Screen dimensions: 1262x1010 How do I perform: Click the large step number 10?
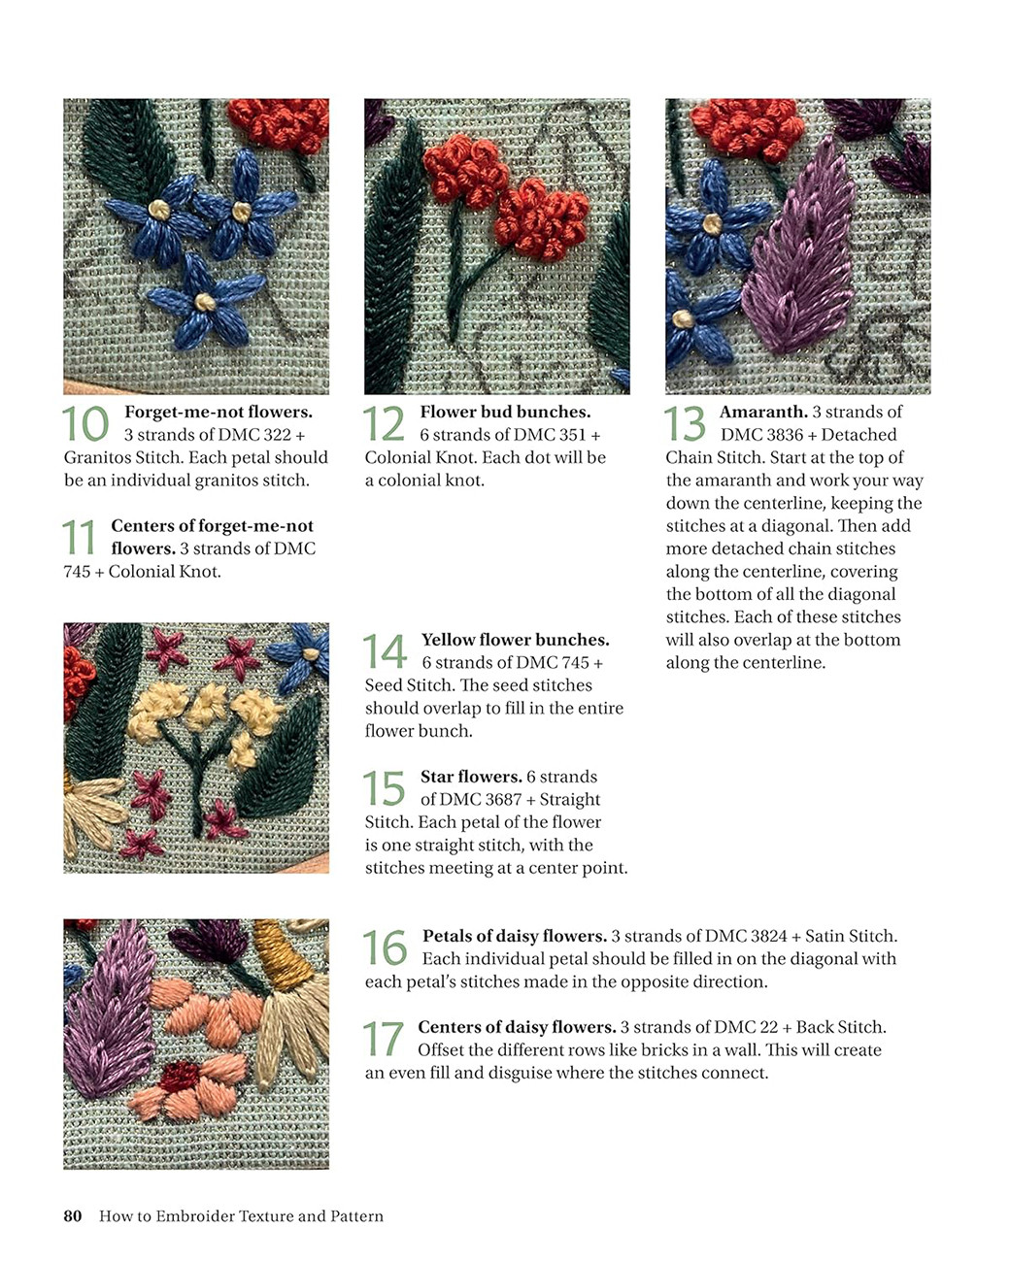click(85, 424)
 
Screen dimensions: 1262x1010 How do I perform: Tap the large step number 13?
click(685, 424)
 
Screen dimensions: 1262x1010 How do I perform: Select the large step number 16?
click(385, 948)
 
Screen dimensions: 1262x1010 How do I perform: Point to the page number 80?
click(73, 1216)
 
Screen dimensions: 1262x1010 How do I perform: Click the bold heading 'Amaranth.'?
click(763, 412)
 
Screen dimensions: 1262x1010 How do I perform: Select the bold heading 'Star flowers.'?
click(471, 777)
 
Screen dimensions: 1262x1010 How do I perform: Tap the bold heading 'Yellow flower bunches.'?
click(516, 640)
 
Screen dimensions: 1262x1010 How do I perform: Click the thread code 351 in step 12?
click(573, 435)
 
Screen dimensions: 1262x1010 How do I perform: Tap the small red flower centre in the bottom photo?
click(180, 1076)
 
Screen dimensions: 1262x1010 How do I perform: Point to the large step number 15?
click(384, 788)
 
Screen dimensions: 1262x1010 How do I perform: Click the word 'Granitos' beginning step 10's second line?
click(98, 457)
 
